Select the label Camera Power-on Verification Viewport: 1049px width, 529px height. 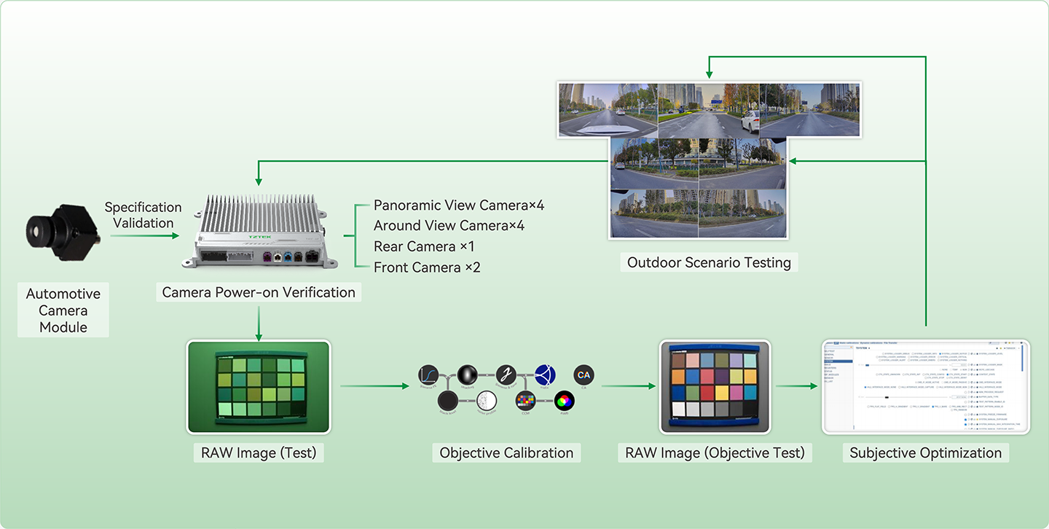click(259, 292)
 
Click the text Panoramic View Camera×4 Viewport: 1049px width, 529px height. click(459, 205)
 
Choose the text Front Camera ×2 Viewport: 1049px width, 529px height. click(427, 267)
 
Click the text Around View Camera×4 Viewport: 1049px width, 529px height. click(449, 226)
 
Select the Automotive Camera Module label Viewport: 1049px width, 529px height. click(63, 310)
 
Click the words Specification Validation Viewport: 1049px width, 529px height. click(143, 215)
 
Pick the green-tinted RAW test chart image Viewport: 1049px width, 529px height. click(259, 387)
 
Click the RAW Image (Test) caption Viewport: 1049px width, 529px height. click(259, 452)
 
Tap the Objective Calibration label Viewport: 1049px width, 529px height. click(506, 452)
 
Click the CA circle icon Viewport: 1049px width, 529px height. click(584, 375)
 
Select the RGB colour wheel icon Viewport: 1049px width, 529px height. click(562, 399)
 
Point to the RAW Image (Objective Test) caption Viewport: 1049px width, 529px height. click(715, 452)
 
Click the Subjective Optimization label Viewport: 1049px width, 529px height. click(925, 452)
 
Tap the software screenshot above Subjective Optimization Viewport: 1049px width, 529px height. click(925, 387)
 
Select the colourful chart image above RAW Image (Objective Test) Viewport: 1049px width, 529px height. click(715, 387)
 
